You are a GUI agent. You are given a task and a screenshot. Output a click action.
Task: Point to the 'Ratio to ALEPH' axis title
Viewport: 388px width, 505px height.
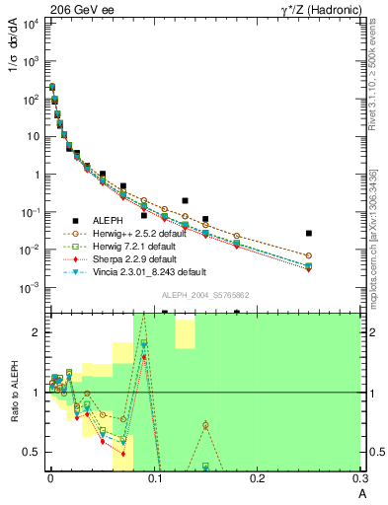click(x=14, y=395)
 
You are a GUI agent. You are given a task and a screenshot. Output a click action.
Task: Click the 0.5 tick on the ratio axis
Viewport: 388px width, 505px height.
click(x=32, y=452)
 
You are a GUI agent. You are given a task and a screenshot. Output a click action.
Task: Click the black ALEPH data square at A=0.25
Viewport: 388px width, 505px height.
click(x=309, y=234)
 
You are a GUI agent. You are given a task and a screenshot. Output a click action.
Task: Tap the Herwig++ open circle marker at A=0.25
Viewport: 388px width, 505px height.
click(x=309, y=255)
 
